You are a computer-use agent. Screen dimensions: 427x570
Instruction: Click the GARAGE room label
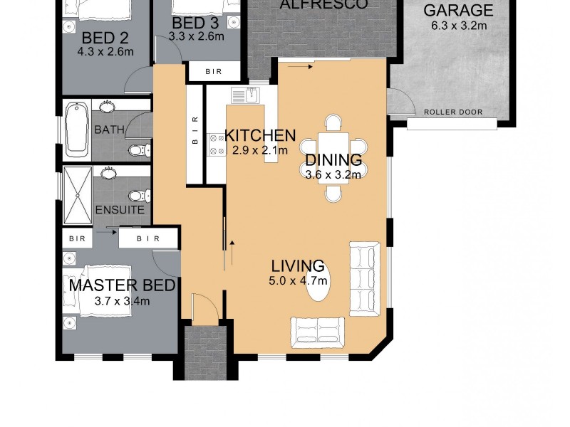458,11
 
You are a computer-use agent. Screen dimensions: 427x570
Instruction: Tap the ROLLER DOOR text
452,112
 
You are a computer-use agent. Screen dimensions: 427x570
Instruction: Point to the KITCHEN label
260,135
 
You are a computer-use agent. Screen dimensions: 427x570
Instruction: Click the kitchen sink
252,94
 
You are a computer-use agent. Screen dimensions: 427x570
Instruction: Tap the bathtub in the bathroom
76,129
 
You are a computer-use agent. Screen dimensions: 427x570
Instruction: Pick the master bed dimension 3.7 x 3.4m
122,301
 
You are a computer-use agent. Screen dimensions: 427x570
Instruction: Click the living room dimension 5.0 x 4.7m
298,282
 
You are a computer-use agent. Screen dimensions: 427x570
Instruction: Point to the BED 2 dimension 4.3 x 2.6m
105,51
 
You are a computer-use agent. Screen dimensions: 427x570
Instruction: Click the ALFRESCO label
323,5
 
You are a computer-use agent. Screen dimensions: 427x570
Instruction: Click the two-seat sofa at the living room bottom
318,332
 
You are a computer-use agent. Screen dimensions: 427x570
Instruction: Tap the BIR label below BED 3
213,72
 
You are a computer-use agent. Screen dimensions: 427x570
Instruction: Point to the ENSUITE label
120,211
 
